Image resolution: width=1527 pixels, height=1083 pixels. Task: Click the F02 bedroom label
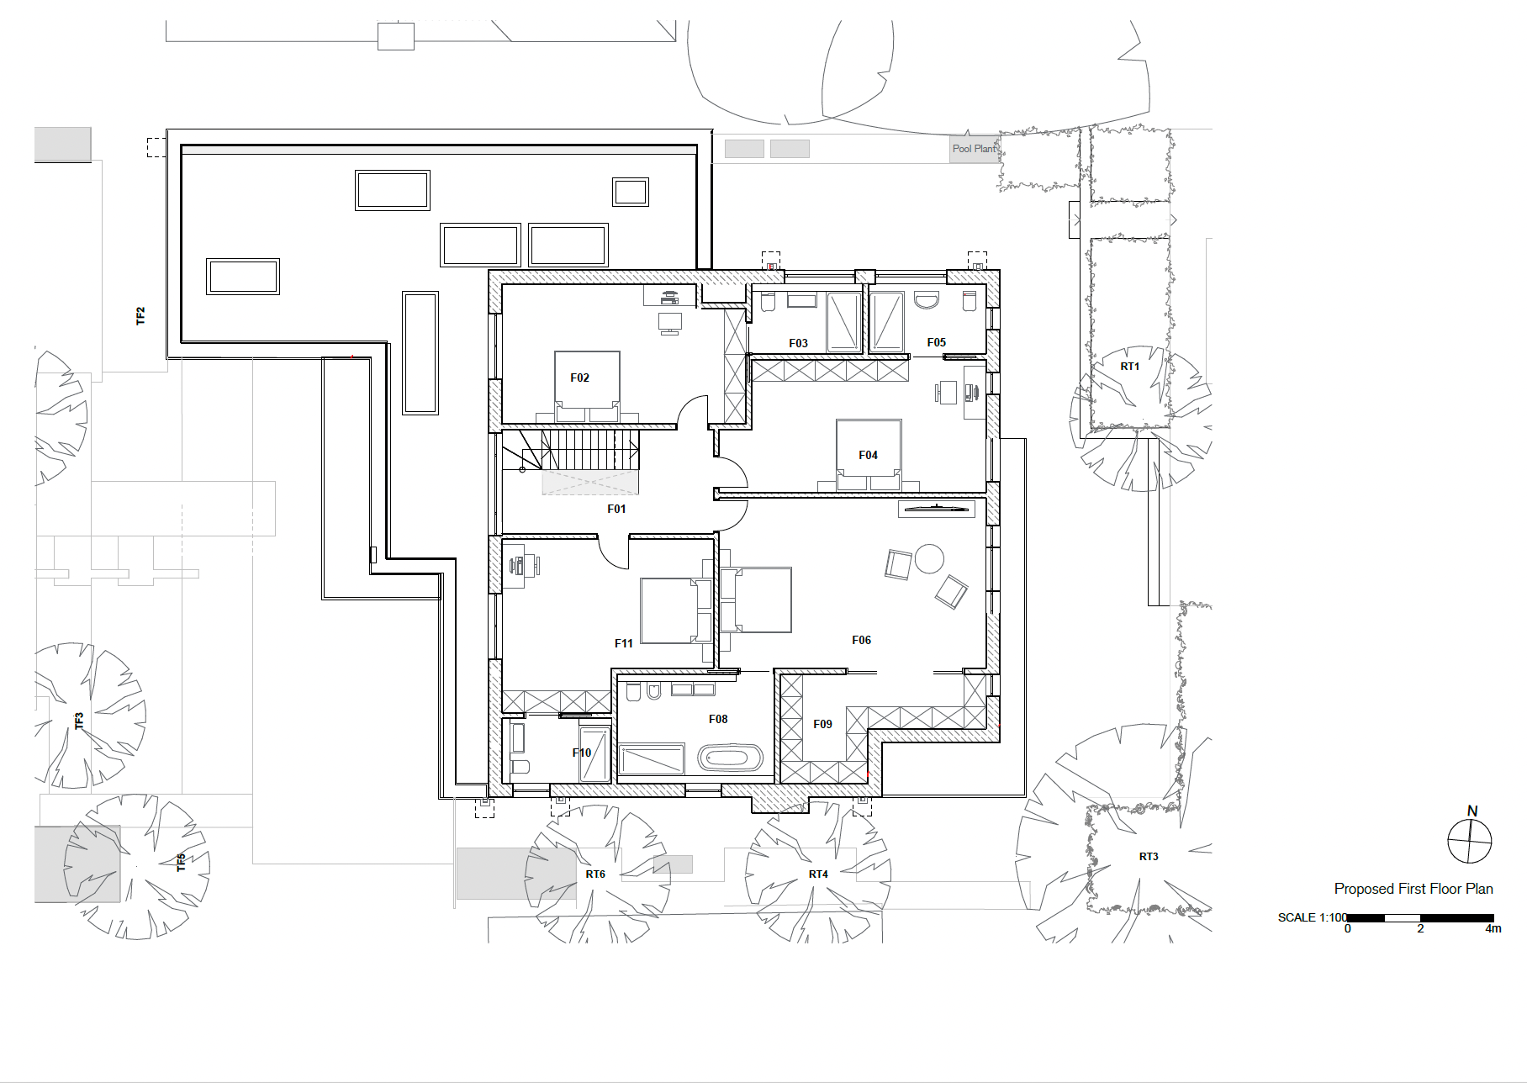pos(579,378)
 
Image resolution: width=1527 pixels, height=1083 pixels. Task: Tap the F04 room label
pos(868,455)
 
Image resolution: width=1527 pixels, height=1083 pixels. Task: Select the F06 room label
pos(861,640)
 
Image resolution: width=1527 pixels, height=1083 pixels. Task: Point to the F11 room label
pos(623,643)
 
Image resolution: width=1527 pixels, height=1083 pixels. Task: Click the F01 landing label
pos(616,509)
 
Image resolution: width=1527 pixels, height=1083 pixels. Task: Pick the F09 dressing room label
pos(822,724)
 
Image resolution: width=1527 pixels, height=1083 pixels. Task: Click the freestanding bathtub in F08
pos(730,758)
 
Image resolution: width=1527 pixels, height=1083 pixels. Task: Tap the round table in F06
pos(929,558)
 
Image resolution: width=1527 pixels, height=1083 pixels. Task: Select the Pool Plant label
pos(974,149)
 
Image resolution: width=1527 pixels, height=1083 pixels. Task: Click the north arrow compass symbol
pos(1470,839)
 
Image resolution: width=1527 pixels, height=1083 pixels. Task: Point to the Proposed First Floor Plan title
pos(1413,889)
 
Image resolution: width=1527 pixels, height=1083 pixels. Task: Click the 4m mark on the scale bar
pos(1493,929)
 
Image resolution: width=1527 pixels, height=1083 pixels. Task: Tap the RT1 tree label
pos(1129,367)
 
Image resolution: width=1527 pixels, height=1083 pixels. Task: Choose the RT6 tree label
pos(595,874)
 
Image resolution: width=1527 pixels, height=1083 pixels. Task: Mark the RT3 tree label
pos(1149,857)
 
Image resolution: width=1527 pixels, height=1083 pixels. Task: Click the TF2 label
pos(140,316)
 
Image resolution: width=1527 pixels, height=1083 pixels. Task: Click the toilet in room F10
pos(520,765)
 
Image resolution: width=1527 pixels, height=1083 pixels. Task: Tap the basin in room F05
pos(926,301)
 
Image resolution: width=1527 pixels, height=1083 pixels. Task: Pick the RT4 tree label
pos(818,874)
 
